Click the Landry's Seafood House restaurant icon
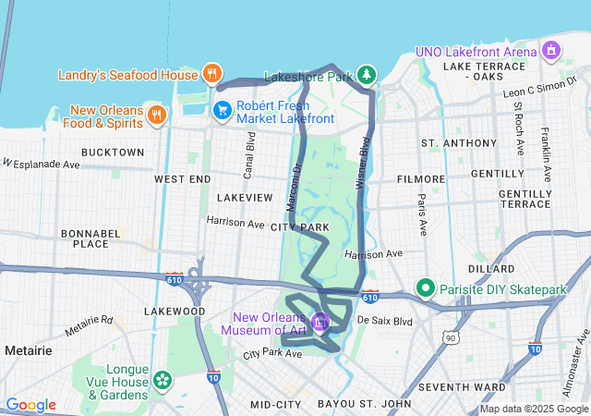212,74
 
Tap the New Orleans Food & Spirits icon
157,115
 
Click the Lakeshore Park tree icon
368,74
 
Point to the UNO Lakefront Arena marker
552,49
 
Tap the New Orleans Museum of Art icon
320,322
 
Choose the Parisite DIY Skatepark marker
426,288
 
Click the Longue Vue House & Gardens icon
163,379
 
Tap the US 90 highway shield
450,339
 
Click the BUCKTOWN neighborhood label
113,152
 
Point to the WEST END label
183,178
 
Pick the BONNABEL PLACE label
90,239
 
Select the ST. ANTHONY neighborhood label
458,143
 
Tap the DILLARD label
491,269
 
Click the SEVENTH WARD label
461,385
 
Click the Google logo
31,405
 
